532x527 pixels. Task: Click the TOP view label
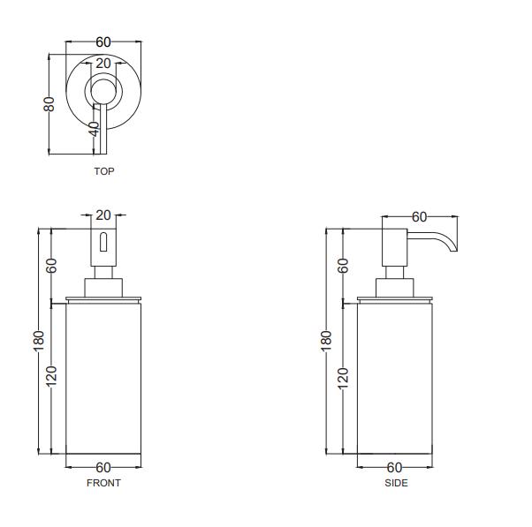[103, 171]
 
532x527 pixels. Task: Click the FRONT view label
[103, 483]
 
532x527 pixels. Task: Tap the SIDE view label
[396, 483]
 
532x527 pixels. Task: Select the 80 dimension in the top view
[49, 103]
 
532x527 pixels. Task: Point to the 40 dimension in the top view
[95, 129]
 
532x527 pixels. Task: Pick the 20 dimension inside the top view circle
[103, 64]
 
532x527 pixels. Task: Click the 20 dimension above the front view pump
[103, 215]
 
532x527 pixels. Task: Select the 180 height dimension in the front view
[39, 341]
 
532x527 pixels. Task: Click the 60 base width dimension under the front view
[103, 467]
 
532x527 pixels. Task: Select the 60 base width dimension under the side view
[395, 467]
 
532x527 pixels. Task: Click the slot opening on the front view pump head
[103, 242]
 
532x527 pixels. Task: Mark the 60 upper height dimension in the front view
[52, 264]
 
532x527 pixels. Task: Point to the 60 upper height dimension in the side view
[344, 264]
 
